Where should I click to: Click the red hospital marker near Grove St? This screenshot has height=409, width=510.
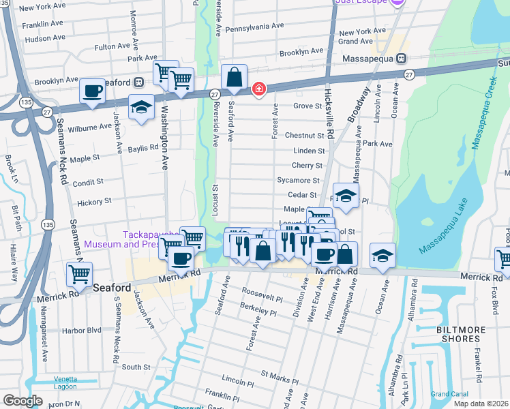pyautogui.click(x=258, y=89)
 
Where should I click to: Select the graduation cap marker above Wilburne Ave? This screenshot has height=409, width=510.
pyautogui.click(x=141, y=108)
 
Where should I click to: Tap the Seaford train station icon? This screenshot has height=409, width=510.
pyautogui.click(x=138, y=82)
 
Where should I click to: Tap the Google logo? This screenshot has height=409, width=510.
pyautogui.click(x=22, y=400)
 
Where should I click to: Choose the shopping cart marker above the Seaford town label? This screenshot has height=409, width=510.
pyautogui.click(x=80, y=275)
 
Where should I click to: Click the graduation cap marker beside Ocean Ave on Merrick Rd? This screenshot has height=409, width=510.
pyautogui.click(x=382, y=256)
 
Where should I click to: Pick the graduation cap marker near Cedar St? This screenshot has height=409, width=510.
pyautogui.click(x=346, y=195)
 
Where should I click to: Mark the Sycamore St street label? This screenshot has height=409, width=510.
pyautogui.click(x=298, y=181)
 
